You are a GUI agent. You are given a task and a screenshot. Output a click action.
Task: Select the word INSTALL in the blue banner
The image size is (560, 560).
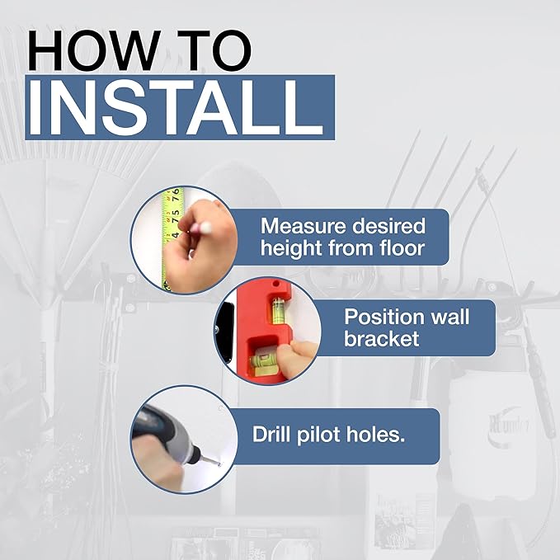point(176,107)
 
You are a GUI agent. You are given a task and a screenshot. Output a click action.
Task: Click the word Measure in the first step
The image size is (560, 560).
point(303,226)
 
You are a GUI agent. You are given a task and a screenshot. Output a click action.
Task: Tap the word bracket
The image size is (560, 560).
point(381,338)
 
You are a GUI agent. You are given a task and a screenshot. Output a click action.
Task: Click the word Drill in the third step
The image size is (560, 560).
point(271,434)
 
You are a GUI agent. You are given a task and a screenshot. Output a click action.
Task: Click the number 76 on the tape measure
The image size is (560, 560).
point(176,195)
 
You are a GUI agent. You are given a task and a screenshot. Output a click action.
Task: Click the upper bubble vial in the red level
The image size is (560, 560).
point(279,308)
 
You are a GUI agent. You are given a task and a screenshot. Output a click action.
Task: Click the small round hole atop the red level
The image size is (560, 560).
point(275,284)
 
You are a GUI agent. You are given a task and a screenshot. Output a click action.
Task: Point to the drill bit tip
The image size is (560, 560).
point(219,464)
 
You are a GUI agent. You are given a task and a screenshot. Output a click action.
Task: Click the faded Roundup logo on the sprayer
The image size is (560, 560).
point(508,425)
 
